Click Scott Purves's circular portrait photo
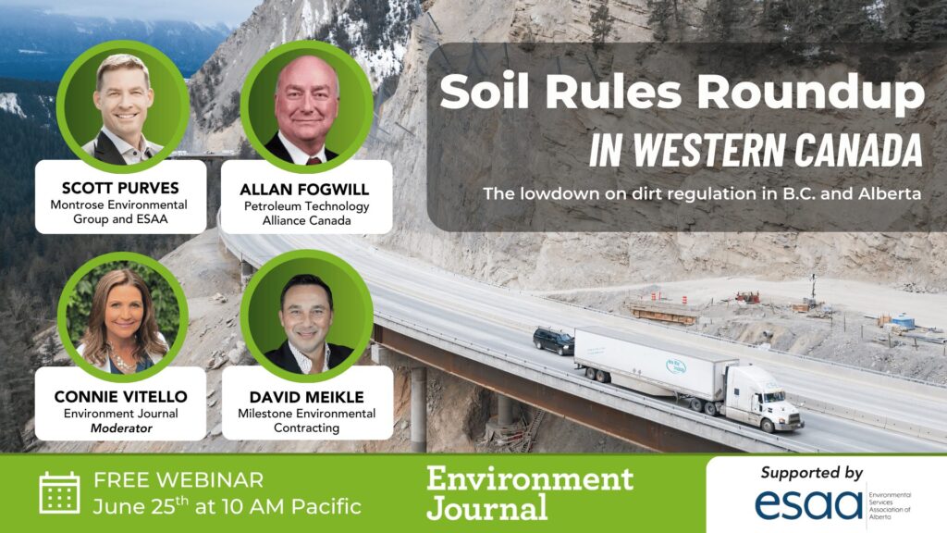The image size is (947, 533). point(123,107)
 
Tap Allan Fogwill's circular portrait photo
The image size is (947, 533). point(306,107)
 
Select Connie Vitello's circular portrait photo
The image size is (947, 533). point(123,317)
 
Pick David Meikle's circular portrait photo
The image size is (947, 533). point(306,316)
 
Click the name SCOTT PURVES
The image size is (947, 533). point(120,188)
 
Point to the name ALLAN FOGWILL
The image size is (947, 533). point(304,189)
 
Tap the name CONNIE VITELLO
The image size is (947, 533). point(121,396)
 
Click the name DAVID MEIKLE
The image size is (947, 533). point(307,397)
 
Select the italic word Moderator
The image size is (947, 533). point(121,428)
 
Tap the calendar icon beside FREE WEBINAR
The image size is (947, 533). point(59,492)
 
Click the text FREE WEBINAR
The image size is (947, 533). point(178,480)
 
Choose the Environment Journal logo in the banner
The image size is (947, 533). point(530,492)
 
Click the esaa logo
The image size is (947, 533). point(808,504)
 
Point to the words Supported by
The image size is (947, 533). point(812,473)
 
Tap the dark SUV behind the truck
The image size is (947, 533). point(553,341)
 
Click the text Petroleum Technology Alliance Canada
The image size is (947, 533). point(306,214)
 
